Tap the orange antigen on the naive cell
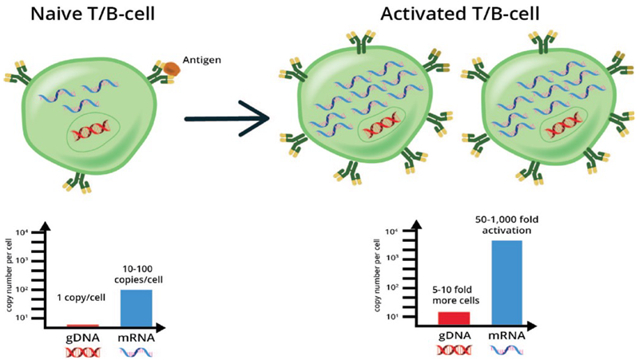click(171, 69)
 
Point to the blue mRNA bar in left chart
click(136, 307)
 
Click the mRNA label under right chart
click(506, 336)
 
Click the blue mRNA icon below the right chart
click(506, 350)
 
